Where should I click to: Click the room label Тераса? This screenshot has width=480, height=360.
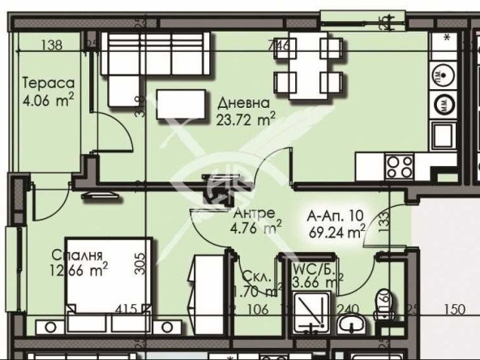[x=49, y=84]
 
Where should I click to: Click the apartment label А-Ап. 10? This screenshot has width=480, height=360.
[x=334, y=216]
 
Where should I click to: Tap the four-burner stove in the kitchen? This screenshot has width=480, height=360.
[x=399, y=167]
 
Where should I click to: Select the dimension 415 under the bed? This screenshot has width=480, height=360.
[x=126, y=308]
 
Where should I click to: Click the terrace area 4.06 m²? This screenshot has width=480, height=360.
[x=49, y=100]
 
